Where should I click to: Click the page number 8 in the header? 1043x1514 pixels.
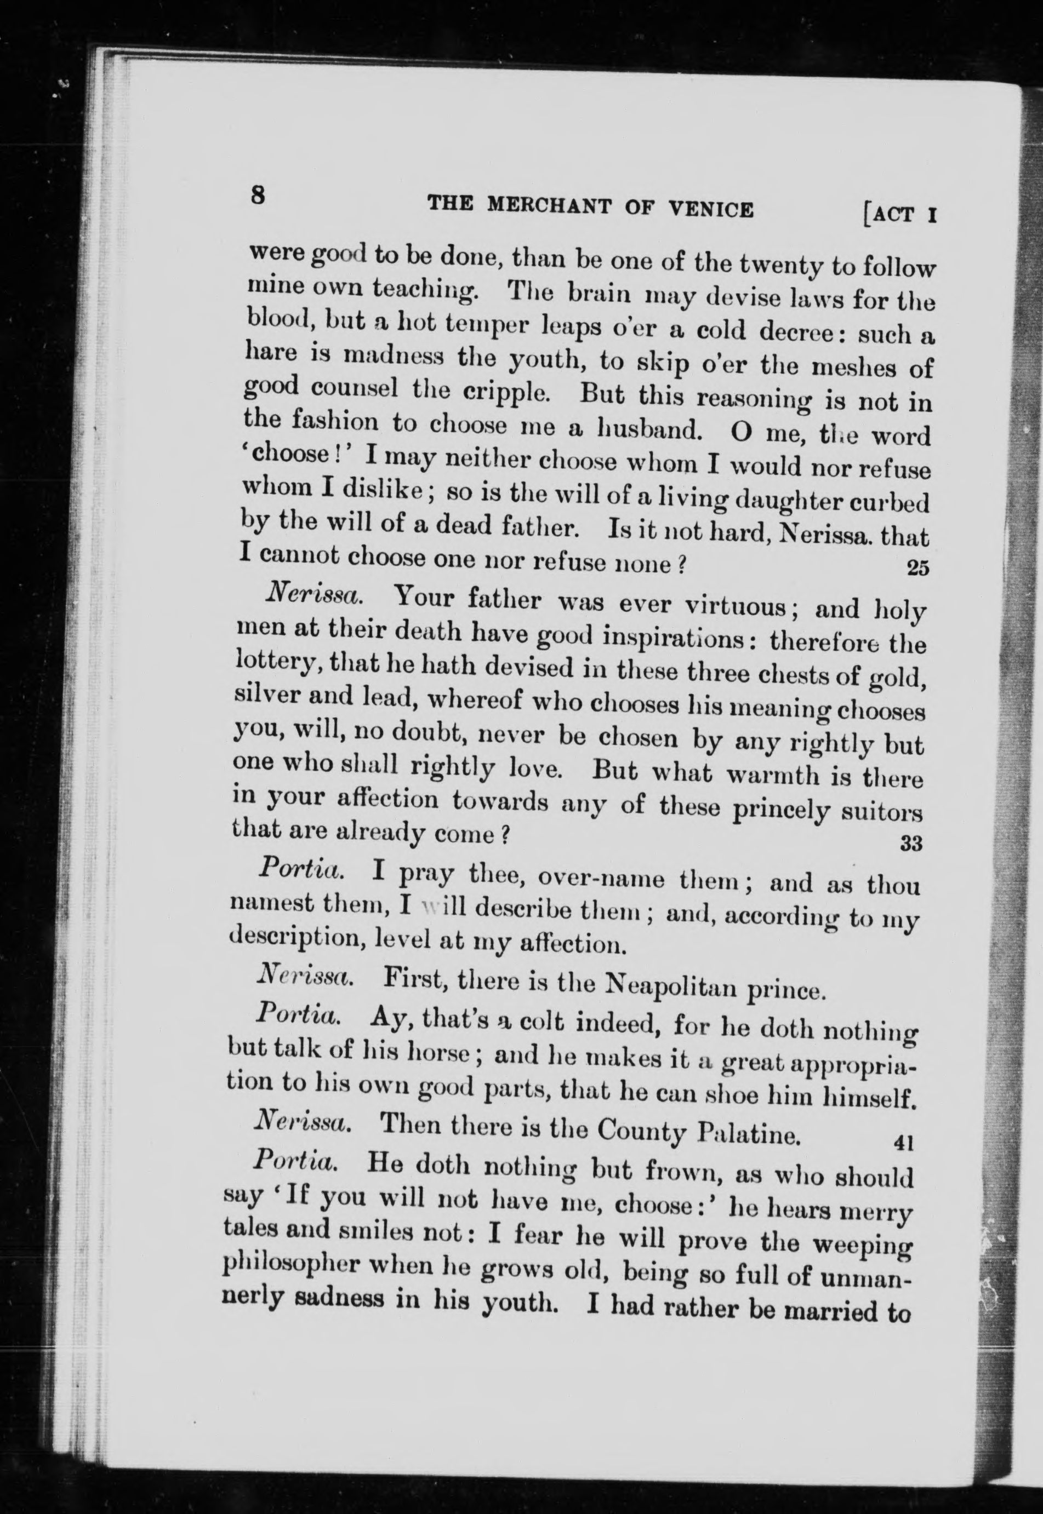coord(258,194)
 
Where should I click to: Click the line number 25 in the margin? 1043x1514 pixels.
coord(917,568)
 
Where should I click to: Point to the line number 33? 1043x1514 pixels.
coord(911,844)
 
